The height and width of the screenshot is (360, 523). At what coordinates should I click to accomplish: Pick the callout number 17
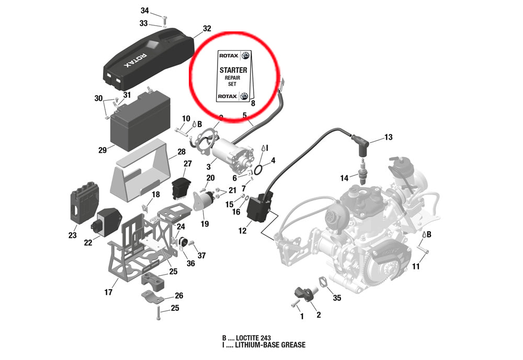108,292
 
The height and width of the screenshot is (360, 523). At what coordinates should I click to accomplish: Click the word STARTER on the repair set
233,70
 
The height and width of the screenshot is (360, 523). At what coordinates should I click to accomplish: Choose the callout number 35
337,298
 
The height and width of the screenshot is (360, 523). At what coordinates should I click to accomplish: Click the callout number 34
145,11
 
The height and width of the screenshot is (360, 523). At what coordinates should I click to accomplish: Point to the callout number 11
416,266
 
